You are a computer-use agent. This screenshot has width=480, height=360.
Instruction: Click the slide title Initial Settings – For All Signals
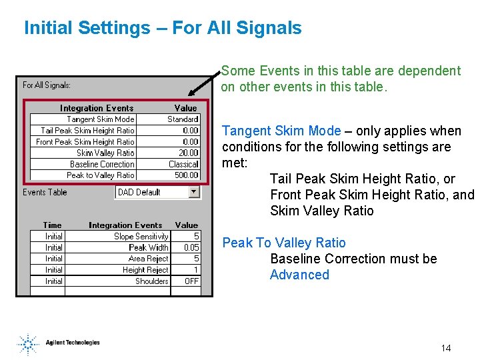[x=163, y=28]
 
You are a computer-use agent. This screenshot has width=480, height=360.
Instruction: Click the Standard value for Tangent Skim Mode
[x=182, y=119]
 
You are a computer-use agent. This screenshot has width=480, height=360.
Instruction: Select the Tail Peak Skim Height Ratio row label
[x=87, y=131]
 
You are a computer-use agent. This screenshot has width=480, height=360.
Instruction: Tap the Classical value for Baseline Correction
[x=183, y=164]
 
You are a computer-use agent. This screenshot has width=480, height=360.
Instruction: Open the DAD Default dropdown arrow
[x=194, y=192]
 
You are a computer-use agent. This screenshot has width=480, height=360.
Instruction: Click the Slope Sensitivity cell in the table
[x=141, y=237]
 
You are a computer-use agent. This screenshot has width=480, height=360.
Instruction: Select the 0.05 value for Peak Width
[x=191, y=247]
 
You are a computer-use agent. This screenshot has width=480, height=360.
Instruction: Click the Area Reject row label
[x=148, y=259]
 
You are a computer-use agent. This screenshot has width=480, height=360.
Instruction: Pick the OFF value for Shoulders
[x=191, y=281]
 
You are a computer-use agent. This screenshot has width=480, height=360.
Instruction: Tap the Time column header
[x=52, y=225]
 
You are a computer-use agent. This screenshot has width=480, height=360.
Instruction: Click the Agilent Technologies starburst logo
[x=27, y=344]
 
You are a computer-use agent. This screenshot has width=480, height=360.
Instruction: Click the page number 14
[x=446, y=348]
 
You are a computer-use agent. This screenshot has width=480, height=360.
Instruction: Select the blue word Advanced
[x=299, y=275]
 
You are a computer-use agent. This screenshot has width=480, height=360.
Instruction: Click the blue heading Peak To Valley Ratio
[x=284, y=243]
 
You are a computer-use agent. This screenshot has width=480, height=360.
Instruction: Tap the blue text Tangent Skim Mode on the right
[x=281, y=131]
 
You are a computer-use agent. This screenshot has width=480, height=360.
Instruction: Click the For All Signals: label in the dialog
[x=47, y=85]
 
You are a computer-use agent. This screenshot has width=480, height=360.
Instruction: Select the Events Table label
[x=45, y=192]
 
